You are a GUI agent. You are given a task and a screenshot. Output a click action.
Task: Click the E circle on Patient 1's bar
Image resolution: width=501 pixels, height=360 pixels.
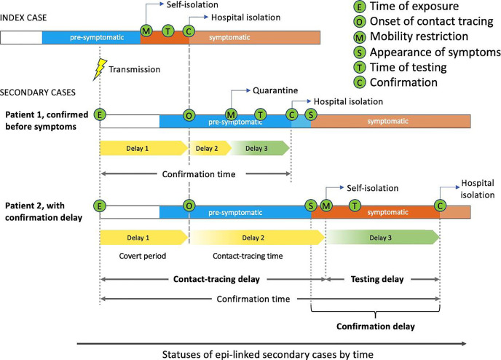100,115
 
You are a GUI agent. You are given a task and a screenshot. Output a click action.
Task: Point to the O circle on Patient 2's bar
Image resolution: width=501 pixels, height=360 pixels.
189,206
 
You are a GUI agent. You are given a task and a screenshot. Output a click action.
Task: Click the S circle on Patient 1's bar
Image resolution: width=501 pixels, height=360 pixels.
312,115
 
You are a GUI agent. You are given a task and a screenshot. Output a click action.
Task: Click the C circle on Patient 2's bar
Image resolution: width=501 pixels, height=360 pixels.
441,206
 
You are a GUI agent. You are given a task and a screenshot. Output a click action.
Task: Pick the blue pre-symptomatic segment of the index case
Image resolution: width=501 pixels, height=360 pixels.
91,36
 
